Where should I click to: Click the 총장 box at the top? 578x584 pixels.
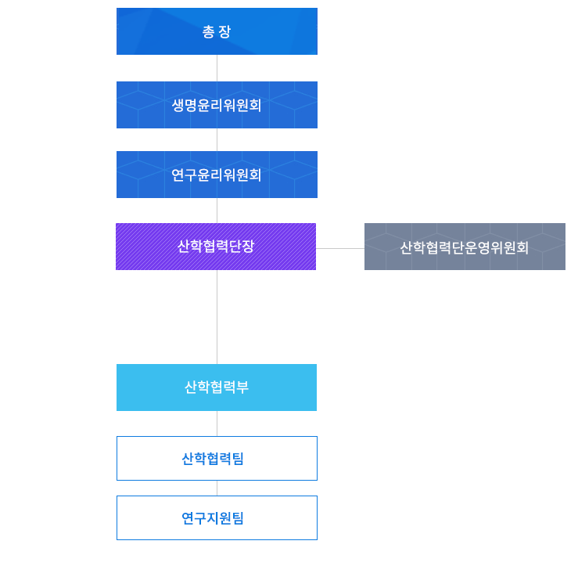click(x=217, y=31)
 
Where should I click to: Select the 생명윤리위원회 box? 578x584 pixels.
click(x=217, y=105)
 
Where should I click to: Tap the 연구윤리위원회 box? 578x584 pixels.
click(x=217, y=175)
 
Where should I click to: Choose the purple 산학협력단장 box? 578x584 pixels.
click(x=216, y=247)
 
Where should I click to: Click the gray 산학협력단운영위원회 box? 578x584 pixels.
click(x=465, y=247)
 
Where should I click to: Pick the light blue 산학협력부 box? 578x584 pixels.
click(x=217, y=388)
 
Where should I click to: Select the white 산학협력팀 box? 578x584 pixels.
click(x=217, y=458)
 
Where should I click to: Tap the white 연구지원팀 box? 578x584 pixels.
click(x=217, y=517)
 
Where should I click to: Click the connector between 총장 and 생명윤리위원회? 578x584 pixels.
click(x=217, y=68)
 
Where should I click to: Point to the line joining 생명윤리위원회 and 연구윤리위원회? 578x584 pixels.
click(x=217, y=139)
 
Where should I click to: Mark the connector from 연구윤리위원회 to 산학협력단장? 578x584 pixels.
click(x=217, y=211)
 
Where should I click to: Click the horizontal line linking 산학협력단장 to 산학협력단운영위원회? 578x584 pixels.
click(x=340, y=248)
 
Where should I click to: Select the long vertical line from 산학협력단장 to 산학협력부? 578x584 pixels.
click(x=217, y=317)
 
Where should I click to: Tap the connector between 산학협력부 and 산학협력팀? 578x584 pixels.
click(x=217, y=424)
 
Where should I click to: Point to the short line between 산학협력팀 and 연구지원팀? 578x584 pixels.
click(x=217, y=488)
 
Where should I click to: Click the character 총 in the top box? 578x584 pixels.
click(x=208, y=32)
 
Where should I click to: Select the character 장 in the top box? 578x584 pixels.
click(x=225, y=32)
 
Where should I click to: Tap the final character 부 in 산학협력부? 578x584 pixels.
click(x=242, y=388)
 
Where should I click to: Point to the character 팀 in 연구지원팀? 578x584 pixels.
click(x=238, y=518)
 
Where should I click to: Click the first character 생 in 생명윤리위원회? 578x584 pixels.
click(x=178, y=105)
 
